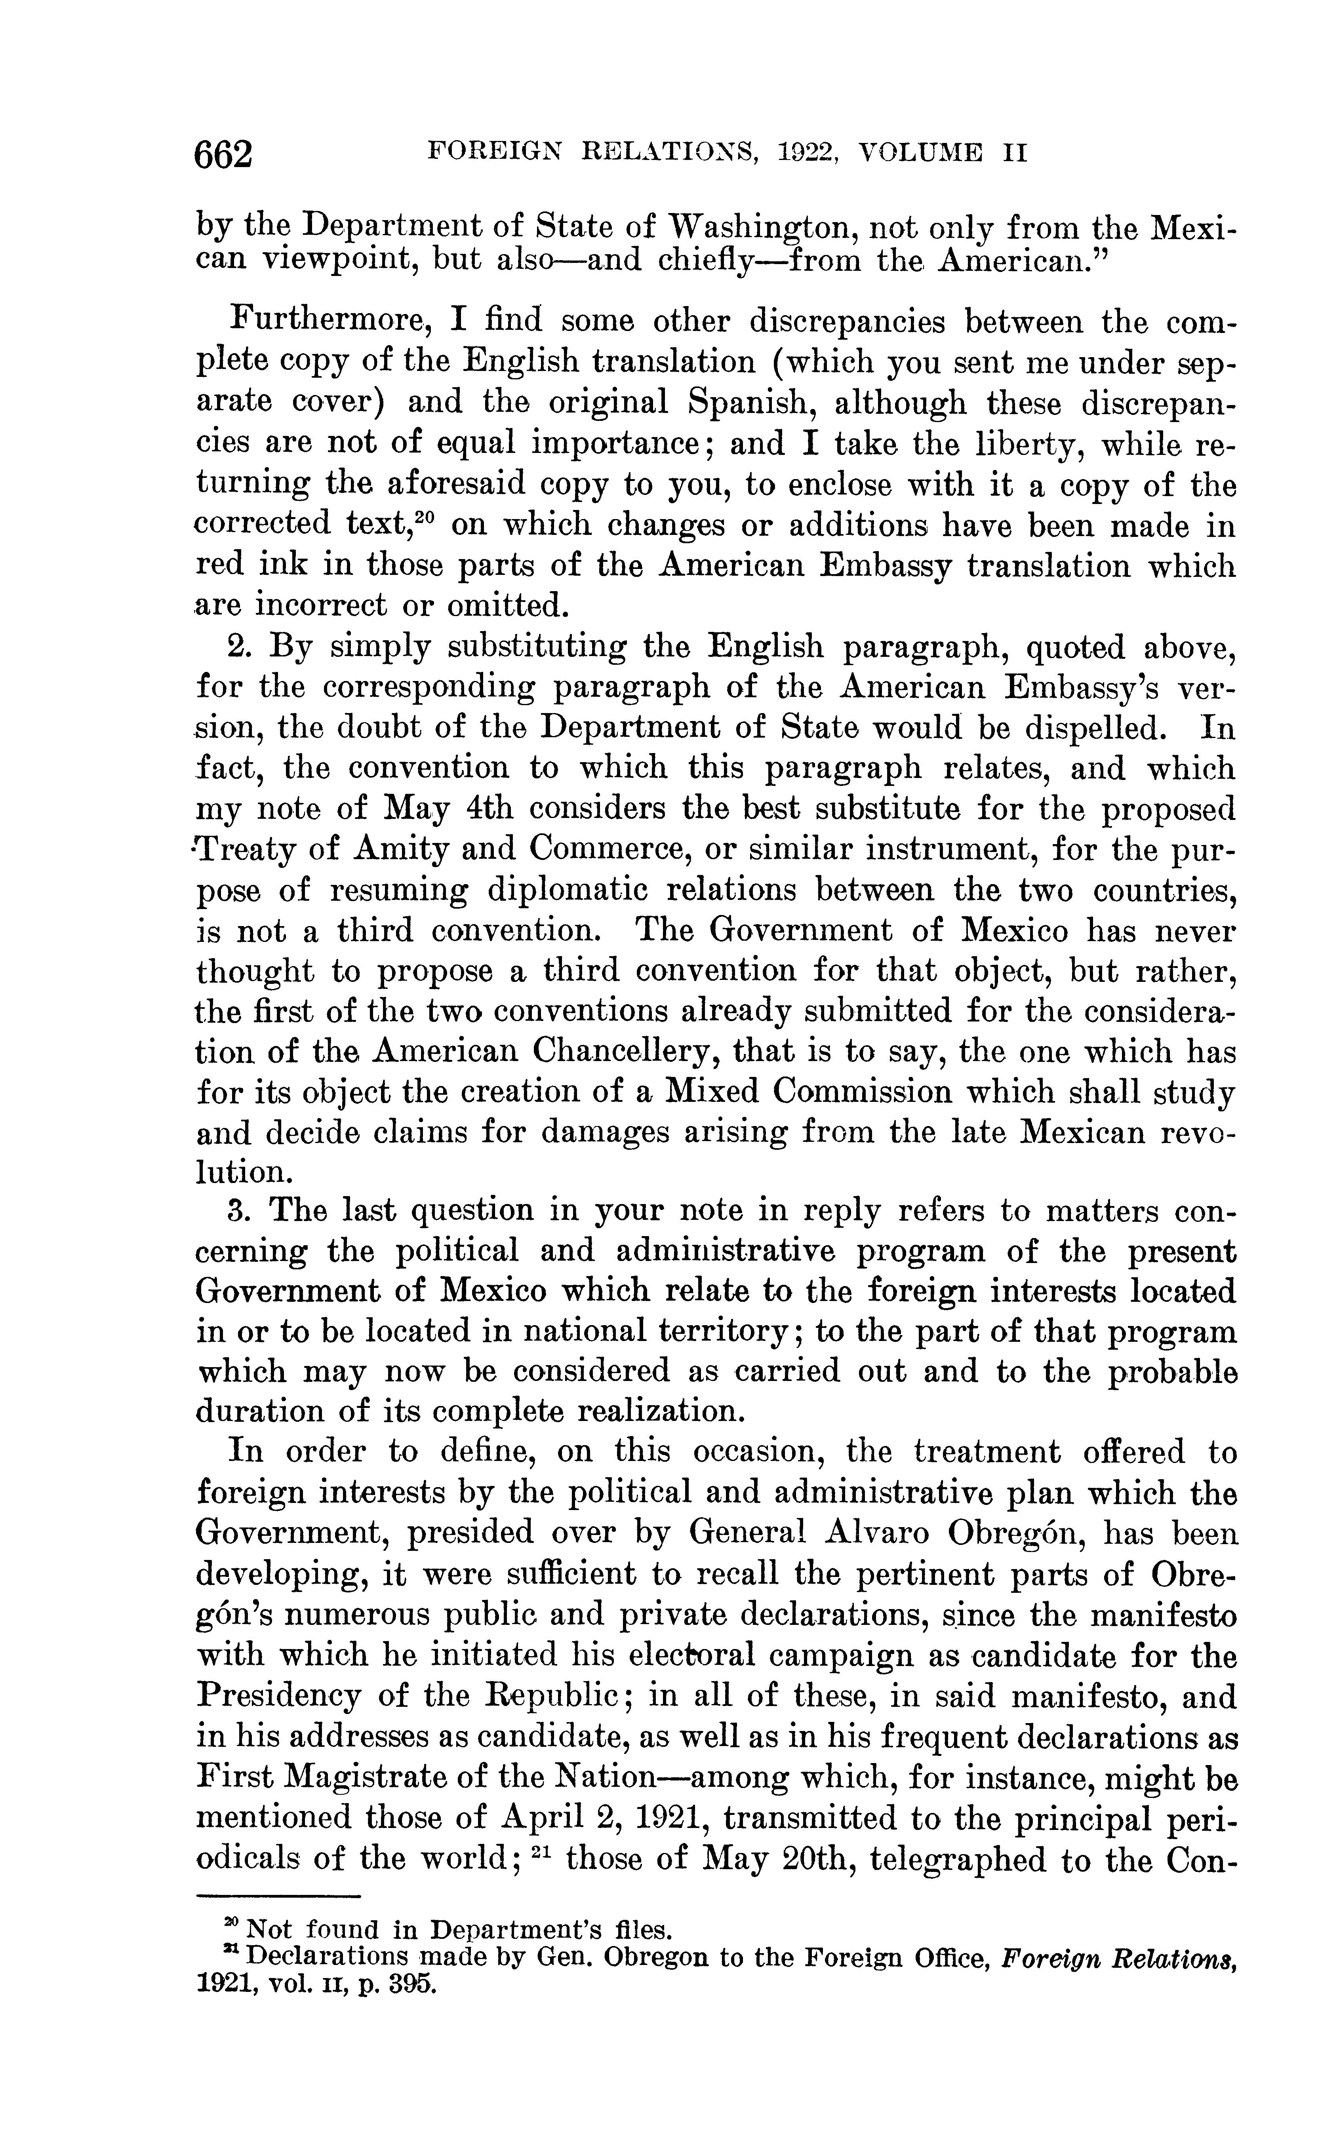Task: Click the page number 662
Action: pos(224,154)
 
